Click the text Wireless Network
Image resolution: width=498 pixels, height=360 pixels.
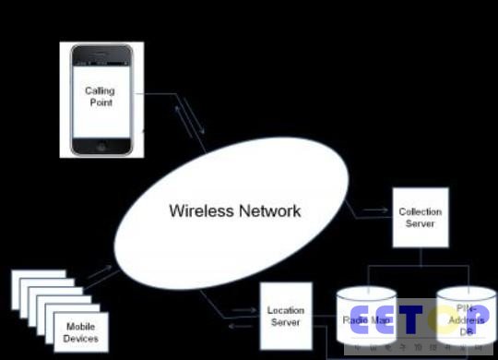pyautogui.click(x=234, y=210)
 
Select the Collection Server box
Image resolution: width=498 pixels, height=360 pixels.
pyautogui.click(x=420, y=217)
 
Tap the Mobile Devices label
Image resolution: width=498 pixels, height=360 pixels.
pyautogui.click(x=80, y=331)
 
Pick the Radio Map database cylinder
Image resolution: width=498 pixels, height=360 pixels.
pyautogui.click(x=367, y=319)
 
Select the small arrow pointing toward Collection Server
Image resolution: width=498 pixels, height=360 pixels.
pyautogui.click(x=374, y=211)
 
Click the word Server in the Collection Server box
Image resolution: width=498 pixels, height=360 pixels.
pyautogui.click(x=420, y=223)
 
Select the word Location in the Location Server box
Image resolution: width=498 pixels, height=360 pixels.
pyautogui.click(x=285, y=311)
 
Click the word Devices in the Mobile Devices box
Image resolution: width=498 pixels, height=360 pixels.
pyautogui.click(x=80, y=338)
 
